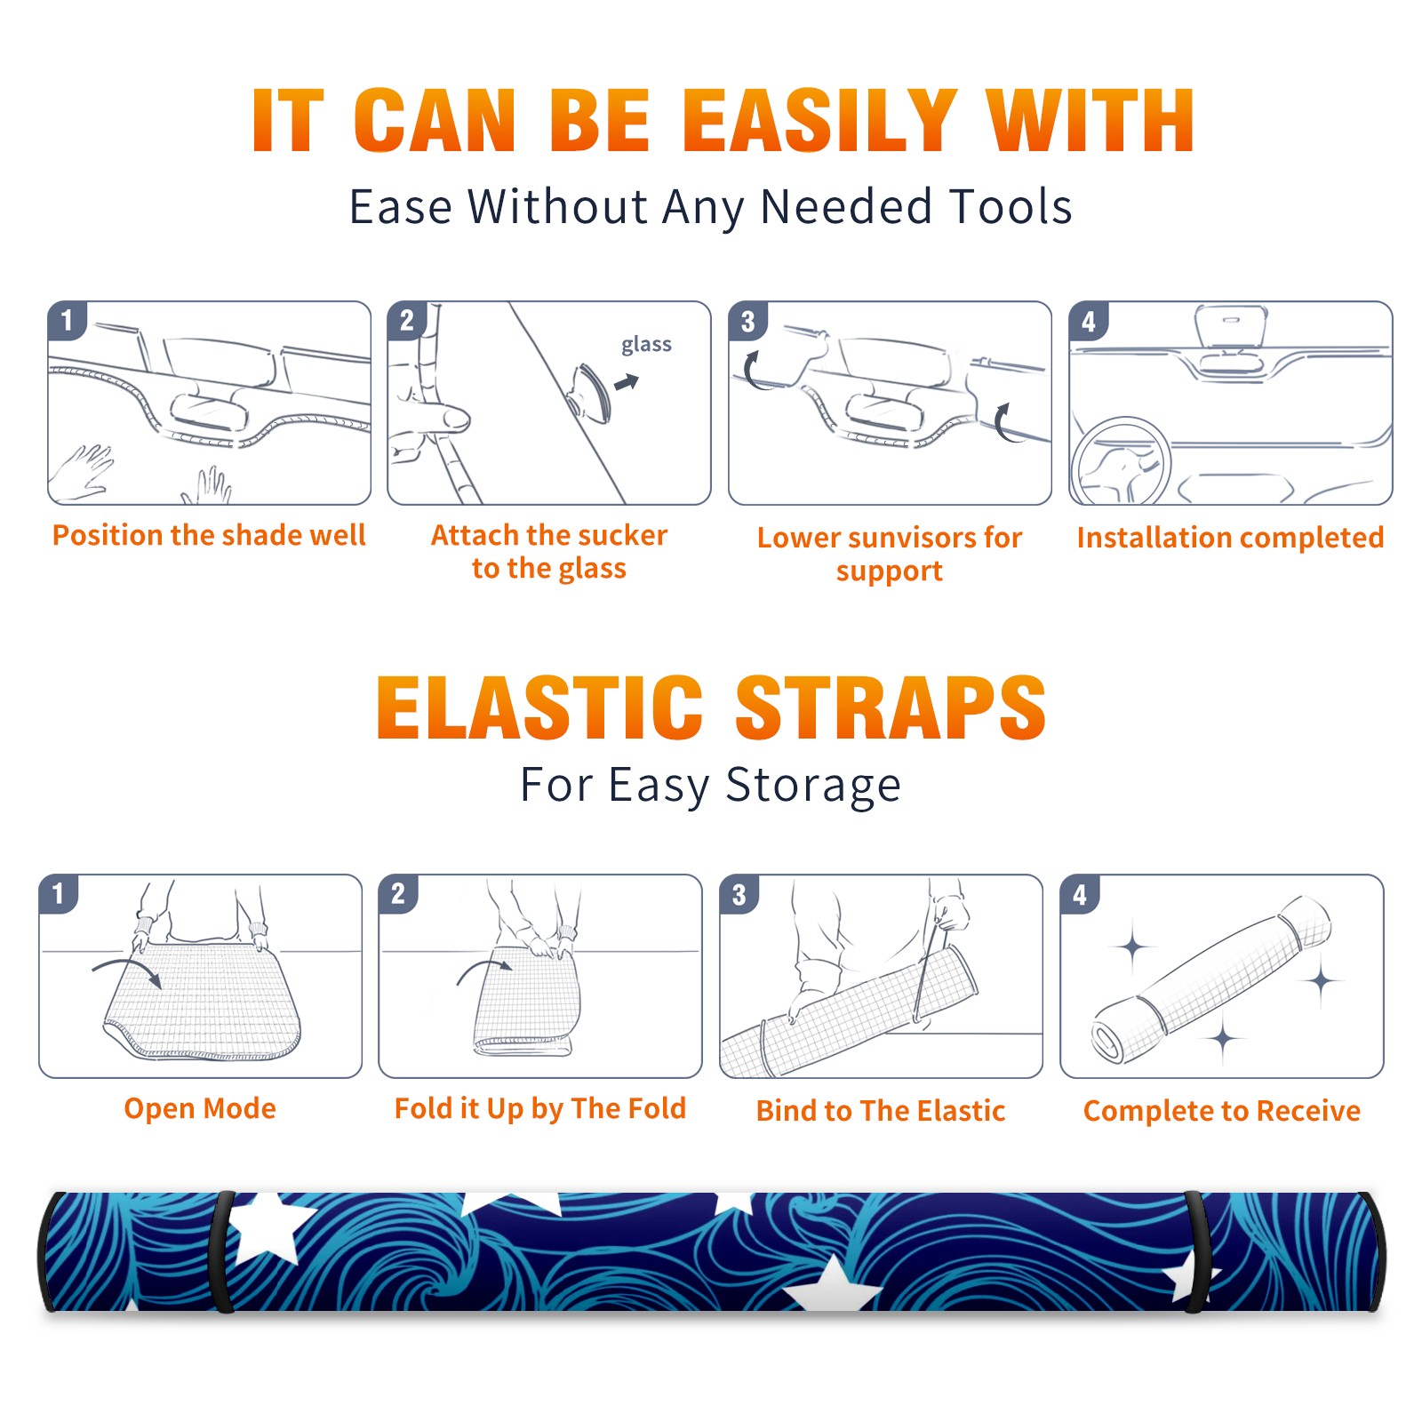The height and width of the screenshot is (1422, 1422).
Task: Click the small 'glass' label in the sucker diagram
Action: pyautogui.click(x=646, y=345)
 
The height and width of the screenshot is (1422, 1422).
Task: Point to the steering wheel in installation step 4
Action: pyautogui.click(x=1121, y=462)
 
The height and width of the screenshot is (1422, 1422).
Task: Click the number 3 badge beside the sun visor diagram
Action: pyautogui.click(x=747, y=321)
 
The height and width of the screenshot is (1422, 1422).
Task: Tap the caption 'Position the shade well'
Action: pyautogui.click(x=209, y=535)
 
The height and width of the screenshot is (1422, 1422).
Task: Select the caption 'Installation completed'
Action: pyautogui.click(x=1230, y=538)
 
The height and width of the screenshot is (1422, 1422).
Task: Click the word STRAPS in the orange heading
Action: pyautogui.click(x=891, y=707)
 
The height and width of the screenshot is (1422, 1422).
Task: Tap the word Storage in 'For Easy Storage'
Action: pyautogui.click(x=813, y=786)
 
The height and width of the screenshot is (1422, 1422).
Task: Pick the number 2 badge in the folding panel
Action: pyautogui.click(x=398, y=894)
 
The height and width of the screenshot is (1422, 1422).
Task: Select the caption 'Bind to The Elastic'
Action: pyautogui.click(x=881, y=1110)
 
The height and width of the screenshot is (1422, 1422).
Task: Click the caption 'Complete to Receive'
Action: pyautogui.click(x=1222, y=1110)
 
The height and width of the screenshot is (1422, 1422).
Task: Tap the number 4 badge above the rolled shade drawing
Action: pyautogui.click(x=1080, y=894)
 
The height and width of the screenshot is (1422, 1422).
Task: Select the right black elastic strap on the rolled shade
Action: pyautogui.click(x=1196, y=1251)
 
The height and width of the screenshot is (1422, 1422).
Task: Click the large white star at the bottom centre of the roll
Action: pyautogui.click(x=833, y=1287)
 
